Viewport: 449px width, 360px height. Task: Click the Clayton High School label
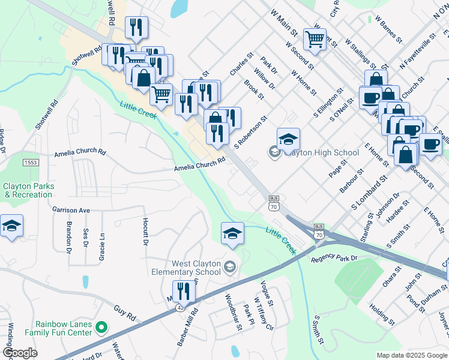pyautogui.click(x=321, y=152)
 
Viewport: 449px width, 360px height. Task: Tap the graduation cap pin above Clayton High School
pyautogui.click(x=288, y=139)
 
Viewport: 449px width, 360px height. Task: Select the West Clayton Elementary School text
pyautogui.click(x=188, y=268)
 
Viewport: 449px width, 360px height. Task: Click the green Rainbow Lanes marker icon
pyautogui.click(x=101, y=328)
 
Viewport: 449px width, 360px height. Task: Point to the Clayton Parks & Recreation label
pyautogui.click(x=28, y=190)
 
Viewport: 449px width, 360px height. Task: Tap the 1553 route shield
pyautogui.click(x=31, y=163)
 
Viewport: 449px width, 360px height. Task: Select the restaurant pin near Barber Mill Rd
pyautogui.click(x=184, y=292)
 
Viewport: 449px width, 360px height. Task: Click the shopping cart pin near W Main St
pyautogui.click(x=315, y=40)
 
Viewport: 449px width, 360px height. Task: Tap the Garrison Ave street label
pyautogui.click(x=70, y=211)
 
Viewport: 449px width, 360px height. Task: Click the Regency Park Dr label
pyautogui.click(x=334, y=259)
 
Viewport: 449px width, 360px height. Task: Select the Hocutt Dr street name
pyautogui.click(x=145, y=231)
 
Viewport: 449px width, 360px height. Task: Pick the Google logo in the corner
pyautogui.click(x=20, y=353)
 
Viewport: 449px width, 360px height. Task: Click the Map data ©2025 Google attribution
pyautogui.click(x=411, y=355)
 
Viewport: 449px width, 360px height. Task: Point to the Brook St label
pyautogui.click(x=253, y=88)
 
